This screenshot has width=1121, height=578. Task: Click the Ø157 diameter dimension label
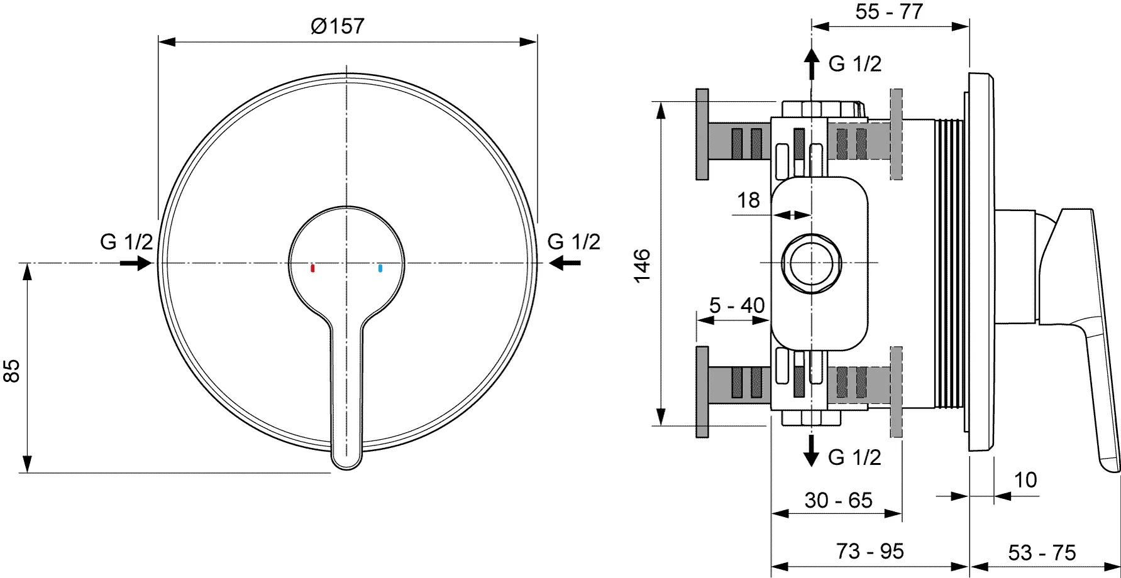(337, 26)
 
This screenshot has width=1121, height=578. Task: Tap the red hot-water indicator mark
(312, 268)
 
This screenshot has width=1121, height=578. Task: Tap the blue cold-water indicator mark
(380, 268)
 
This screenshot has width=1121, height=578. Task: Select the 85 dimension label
(12, 371)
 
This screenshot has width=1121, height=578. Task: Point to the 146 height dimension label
(642, 266)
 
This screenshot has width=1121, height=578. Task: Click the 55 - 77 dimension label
(889, 11)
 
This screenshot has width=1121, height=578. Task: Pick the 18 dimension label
(748, 200)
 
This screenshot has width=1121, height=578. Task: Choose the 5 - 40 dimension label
(737, 305)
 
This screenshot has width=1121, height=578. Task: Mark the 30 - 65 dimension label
(838, 500)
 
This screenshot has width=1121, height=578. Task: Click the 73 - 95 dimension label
(870, 551)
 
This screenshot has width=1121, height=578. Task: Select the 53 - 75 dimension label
(1042, 553)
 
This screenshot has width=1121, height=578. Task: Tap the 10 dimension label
(1025, 480)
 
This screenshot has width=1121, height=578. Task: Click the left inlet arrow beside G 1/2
(136, 263)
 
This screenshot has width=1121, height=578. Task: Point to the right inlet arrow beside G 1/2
(565, 263)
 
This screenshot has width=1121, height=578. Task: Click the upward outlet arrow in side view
(812, 64)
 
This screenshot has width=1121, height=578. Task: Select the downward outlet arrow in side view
(812, 450)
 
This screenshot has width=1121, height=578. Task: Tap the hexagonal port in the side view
(812, 263)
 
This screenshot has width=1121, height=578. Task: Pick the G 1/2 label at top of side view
(854, 63)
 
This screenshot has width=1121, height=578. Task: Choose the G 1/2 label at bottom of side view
(854, 457)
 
